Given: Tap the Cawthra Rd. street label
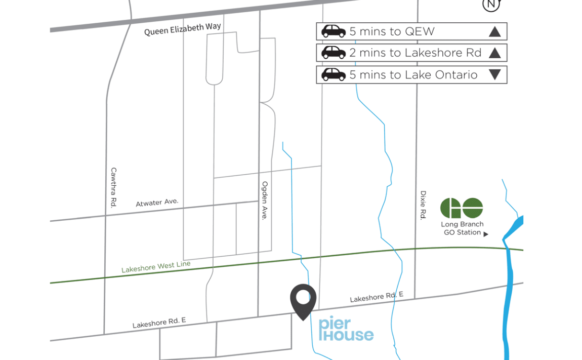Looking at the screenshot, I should coord(113,187).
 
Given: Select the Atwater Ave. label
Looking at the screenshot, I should coord(157,203).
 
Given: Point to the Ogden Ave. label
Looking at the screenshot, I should coord(264,200).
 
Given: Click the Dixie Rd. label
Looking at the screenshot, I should coord(423,205).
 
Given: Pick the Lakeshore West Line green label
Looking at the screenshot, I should coord(156,267).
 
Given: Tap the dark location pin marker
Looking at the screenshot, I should coord(303,301).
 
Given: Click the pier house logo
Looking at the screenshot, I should coord(346,330).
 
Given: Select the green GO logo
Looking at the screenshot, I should coord(462,208).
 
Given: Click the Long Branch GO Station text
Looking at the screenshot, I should coord(462,228).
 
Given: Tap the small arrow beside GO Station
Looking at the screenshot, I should coord(486,234).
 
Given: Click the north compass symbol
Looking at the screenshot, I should coord(491,5).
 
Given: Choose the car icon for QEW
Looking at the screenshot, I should coord(334,31).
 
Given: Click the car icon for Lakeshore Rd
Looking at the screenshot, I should coord(334,53).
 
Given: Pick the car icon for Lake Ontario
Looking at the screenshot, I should coord(334,75).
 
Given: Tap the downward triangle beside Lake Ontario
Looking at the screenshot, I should coord(494,75).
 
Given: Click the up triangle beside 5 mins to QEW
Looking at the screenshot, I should coord(494,32).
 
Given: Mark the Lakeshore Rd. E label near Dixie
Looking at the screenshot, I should coord(377,298).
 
